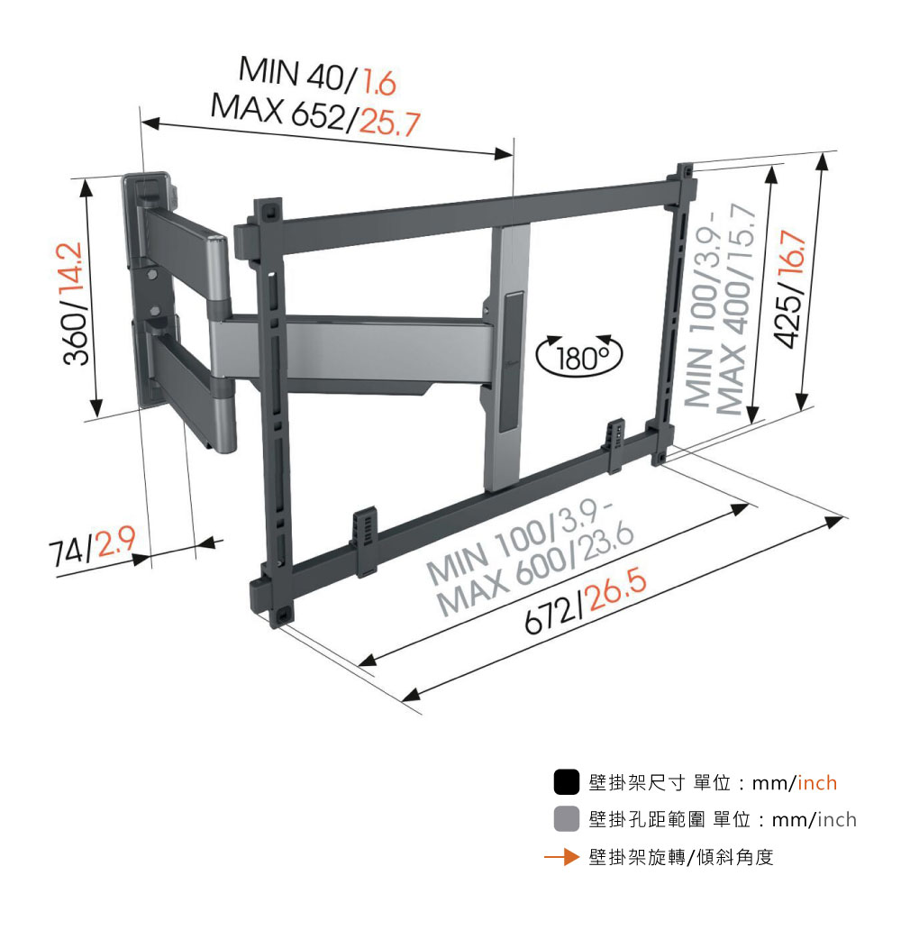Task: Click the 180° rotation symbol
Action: (579, 356)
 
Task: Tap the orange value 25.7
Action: (390, 123)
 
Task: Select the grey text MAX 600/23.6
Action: (535, 570)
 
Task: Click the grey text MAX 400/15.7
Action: (736, 309)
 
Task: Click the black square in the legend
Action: (566, 781)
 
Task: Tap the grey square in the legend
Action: (566, 818)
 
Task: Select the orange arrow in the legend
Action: (561, 856)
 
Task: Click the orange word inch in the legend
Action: (817, 783)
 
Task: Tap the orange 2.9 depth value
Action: (115, 542)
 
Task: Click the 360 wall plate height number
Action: (77, 339)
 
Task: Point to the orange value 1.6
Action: (379, 82)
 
